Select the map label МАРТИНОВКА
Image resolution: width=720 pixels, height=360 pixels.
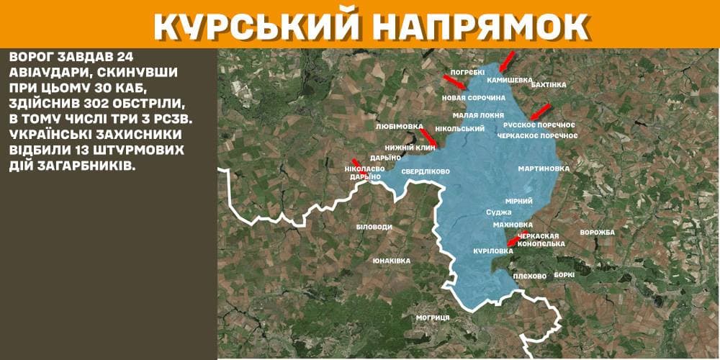[544, 168]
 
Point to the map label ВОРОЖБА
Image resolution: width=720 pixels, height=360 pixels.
[597, 233]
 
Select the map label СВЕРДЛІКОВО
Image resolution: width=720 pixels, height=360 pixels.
[426, 172]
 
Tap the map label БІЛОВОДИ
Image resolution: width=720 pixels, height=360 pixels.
[374, 227]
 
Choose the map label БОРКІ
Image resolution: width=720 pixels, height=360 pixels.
[565, 275]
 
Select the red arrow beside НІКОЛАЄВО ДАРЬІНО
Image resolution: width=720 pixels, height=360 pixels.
[354, 163]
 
